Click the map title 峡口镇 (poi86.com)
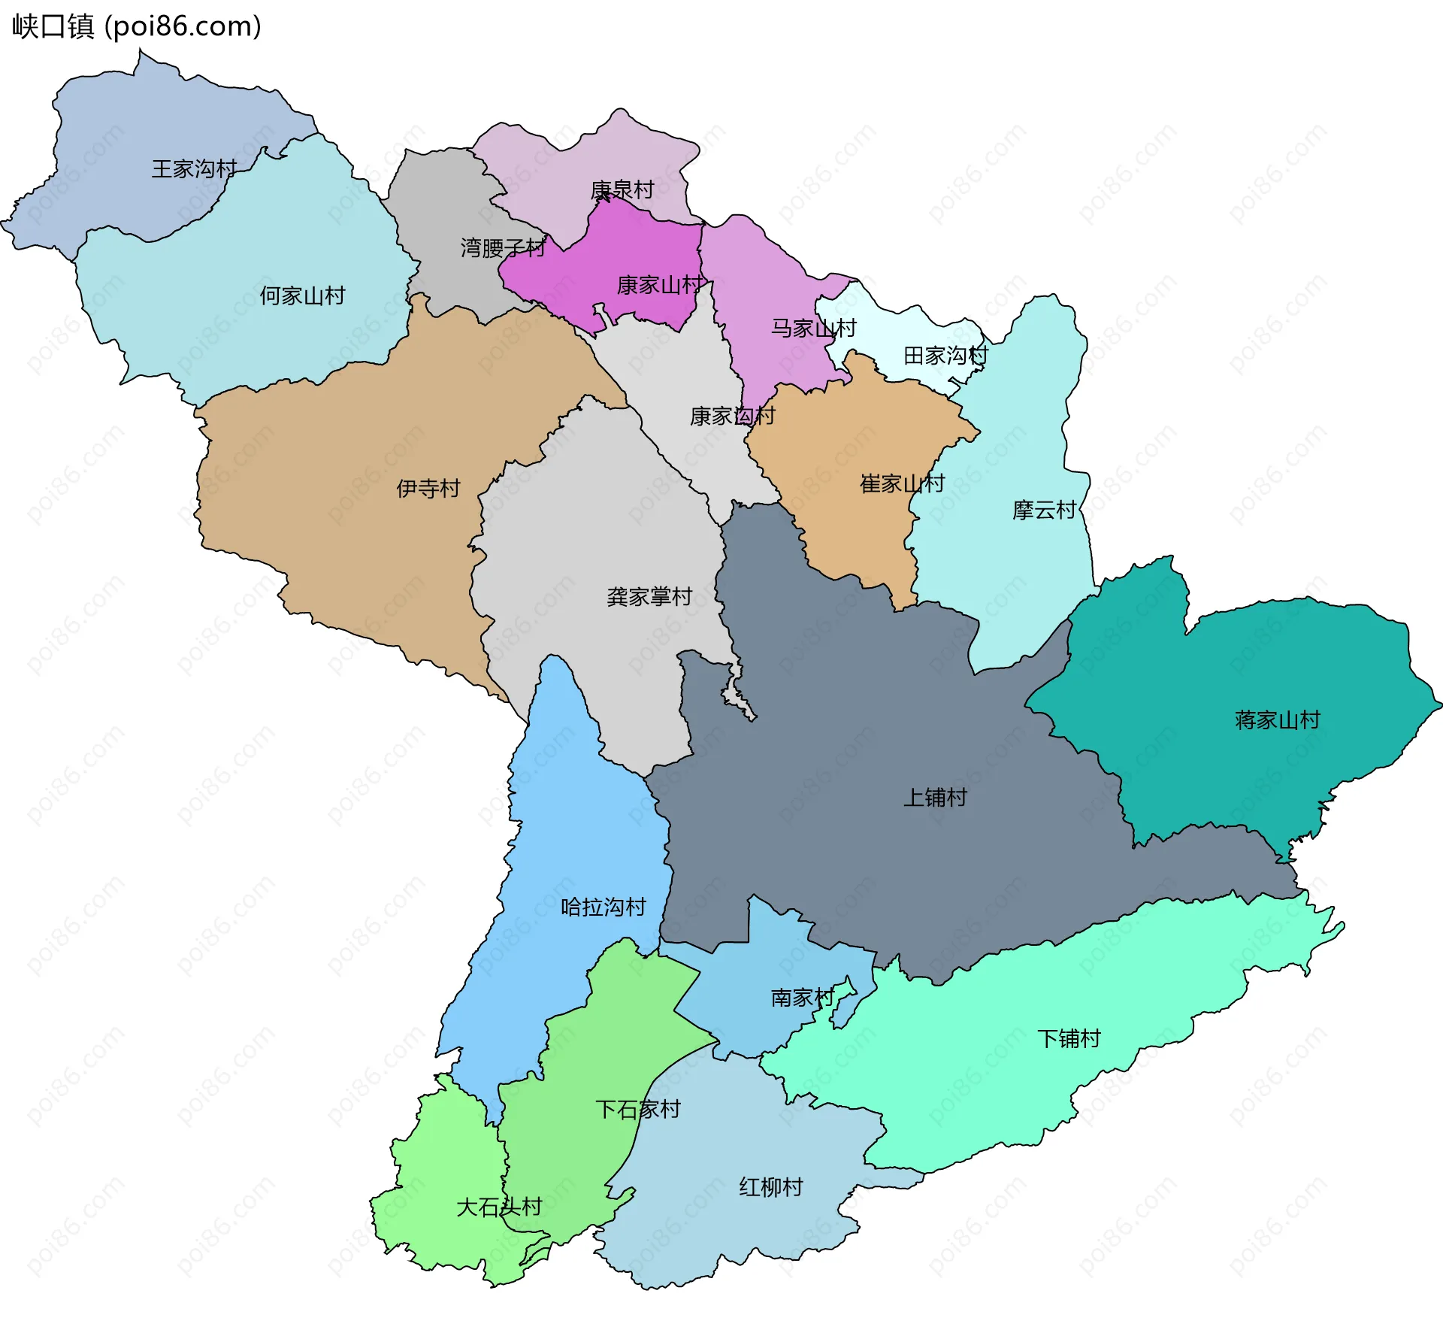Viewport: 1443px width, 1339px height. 137,26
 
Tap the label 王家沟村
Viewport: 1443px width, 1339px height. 194,168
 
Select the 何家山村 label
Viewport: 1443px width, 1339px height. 302,295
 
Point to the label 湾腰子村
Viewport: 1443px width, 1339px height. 503,247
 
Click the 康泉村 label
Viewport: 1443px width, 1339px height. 622,189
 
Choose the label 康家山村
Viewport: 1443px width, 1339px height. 660,285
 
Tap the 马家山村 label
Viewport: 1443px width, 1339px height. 814,328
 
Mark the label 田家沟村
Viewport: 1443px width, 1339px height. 945,355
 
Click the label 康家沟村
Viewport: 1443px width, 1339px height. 732,416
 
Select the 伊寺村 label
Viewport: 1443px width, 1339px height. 428,489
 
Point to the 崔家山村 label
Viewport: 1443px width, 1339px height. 902,483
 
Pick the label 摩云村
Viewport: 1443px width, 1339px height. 1044,510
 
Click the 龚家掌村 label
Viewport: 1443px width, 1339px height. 649,597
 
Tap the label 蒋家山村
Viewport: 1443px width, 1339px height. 1277,720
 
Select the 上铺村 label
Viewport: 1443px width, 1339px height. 935,798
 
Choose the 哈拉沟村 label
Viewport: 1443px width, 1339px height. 604,907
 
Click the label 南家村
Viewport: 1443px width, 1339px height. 803,998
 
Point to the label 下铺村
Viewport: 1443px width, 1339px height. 1069,1039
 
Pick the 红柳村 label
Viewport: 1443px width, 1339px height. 771,1187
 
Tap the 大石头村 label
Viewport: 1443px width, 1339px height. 499,1207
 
